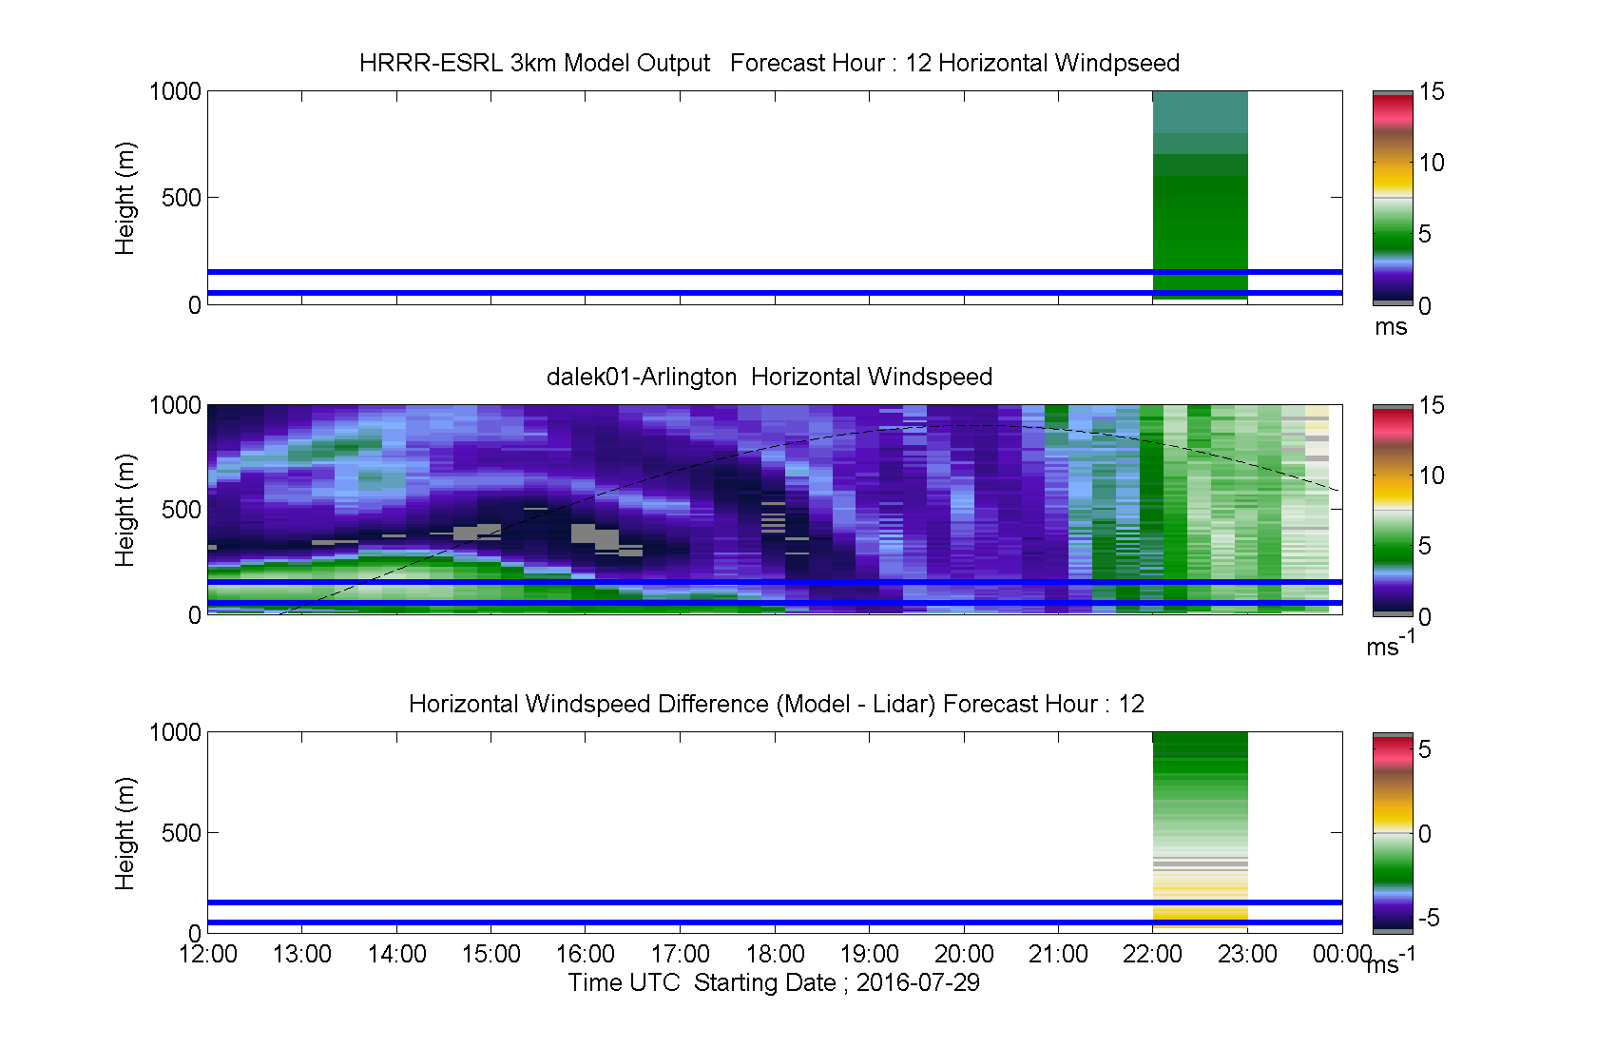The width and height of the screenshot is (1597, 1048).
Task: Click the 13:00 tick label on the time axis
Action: [301, 954]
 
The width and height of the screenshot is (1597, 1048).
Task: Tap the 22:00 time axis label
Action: [1152, 954]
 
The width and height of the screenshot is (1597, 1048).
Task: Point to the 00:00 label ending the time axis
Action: [1342, 954]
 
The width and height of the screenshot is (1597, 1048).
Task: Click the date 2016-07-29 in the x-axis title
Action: [917, 982]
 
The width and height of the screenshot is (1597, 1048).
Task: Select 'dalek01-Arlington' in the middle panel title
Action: [641, 377]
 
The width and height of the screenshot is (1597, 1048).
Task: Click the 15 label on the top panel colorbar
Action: [1431, 92]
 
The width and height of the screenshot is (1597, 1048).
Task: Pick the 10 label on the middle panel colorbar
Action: [1431, 475]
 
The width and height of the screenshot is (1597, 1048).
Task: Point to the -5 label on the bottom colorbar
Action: [1429, 918]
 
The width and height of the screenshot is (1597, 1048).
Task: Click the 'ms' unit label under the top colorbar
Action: [1390, 327]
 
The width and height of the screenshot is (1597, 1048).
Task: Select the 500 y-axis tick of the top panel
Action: [181, 198]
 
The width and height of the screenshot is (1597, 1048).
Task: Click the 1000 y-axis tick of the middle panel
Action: [175, 405]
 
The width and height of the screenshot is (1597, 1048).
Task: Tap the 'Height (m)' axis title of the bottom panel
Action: [125, 833]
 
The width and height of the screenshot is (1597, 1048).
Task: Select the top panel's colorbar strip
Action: [1393, 199]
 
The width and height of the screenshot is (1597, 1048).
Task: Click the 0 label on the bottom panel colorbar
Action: [1424, 833]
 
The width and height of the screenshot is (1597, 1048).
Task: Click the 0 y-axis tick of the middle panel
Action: [195, 615]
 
